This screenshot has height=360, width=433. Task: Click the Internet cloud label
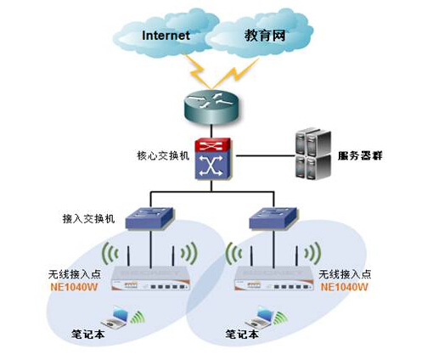pyautogui.click(x=166, y=36)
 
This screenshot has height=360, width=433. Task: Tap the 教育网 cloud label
pyautogui.click(x=265, y=36)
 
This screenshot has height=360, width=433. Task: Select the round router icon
pyautogui.click(x=211, y=107)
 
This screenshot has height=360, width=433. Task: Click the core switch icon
pyautogui.click(x=213, y=159)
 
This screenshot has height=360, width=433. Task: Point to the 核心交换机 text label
pyautogui.click(x=163, y=155)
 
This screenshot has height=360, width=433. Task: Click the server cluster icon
pyautogui.click(x=313, y=154)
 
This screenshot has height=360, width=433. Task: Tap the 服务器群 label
pyautogui.click(x=360, y=155)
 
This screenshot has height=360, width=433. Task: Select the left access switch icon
pyautogui.click(x=149, y=218)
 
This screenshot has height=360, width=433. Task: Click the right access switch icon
pyautogui.click(x=273, y=218)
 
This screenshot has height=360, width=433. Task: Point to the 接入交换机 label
pyautogui.click(x=88, y=219)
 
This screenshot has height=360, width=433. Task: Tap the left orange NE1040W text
pyautogui.click(x=74, y=287)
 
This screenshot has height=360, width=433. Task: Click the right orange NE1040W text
pyautogui.click(x=345, y=287)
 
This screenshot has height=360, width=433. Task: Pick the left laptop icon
pyautogui.click(x=115, y=318)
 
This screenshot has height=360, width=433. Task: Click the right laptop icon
pyautogui.click(x=260, y=318)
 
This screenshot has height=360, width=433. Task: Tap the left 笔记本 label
pyautogui.click(x=88, y=335)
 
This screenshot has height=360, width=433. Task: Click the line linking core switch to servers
pyautogui.click(x=266, y=155)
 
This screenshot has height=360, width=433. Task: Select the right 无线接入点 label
pyautogui.click(x=345, y=274)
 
